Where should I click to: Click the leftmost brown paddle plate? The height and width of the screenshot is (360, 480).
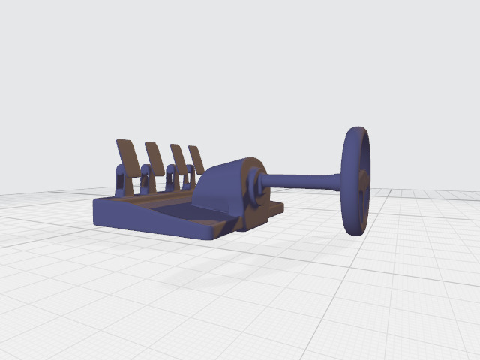coord(127,155)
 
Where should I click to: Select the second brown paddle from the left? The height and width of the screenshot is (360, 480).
coord(155,157)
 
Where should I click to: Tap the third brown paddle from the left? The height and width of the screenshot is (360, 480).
coord(179,157)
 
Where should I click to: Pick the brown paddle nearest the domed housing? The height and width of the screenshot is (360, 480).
coord(197,158)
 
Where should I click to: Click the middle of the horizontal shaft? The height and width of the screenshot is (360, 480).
coord(300,181)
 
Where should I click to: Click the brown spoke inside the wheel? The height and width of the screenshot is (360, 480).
coord(363,196)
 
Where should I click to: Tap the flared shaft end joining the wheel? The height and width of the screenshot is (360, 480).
coord(337,181)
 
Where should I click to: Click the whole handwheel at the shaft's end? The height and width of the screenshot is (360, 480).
coord(356,181)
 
